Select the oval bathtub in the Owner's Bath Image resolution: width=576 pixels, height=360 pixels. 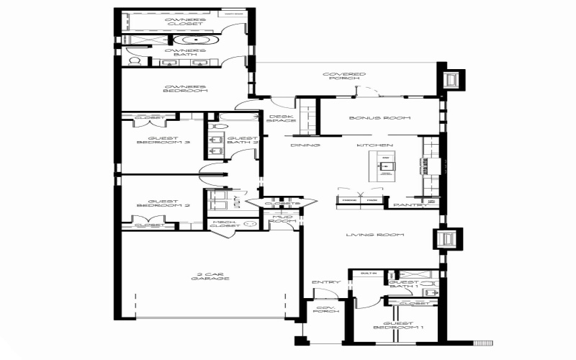point(192,40)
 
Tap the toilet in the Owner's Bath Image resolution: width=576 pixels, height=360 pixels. point(134,62)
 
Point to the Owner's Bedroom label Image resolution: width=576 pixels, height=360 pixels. point(186,89)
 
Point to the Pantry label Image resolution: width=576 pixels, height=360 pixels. point(405,205)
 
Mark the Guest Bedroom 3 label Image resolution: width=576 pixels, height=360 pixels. point(163,140)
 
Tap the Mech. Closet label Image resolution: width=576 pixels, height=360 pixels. point(225,224)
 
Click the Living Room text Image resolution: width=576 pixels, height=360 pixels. point(374,235)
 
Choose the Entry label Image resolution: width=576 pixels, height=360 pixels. point(320,282)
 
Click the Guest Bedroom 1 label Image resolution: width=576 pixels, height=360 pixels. point(398,325)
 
